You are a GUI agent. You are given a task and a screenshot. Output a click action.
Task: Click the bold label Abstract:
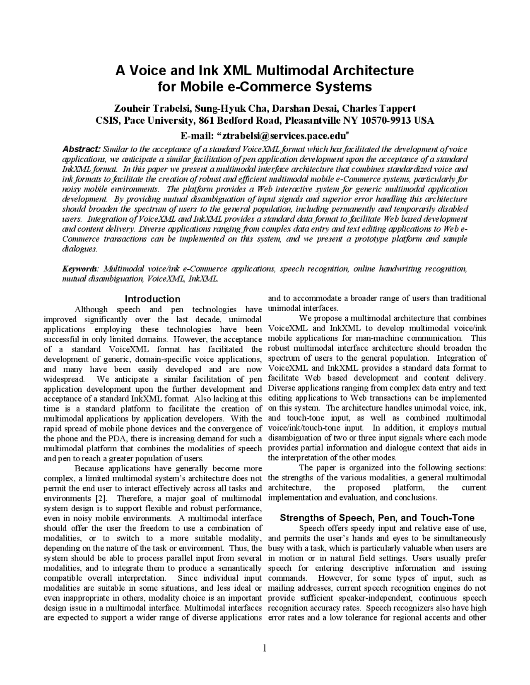(81, 149)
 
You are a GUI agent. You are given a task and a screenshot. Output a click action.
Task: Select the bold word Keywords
(80, 269)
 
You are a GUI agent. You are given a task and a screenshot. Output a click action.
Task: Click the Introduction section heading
(152, 299)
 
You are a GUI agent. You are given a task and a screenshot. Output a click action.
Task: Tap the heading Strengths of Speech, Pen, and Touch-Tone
(377, 518)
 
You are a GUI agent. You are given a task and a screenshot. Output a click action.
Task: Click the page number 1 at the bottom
(265, 648)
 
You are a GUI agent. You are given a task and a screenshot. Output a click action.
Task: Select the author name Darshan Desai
(306, 108)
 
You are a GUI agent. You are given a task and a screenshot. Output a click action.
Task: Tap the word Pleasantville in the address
(313, 120)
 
